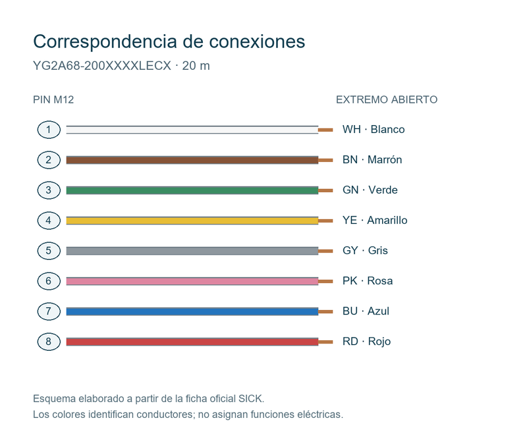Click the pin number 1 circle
pyautogui.click(x=49, y=130)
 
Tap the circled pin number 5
pyautogui.click(x=49, y=251)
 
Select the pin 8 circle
pyautogui.click(x=49, y=342)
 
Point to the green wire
pyautogui.click(x=192, y=190)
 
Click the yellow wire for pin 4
pyautogui.click(x=192, y=220)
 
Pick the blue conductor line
pyautogui.click(x=192, y=312)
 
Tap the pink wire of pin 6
pyautogui.click(x=192, y=281)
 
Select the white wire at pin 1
pyautogui.click(x=192, y=130)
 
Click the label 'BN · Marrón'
pyautogui.click(x=372, y=159)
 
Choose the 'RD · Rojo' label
pyautogui.click(x=366, y=342)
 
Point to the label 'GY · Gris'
pyautogui.click(x=365, y=251)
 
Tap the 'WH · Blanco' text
pyautogui.click(x=374, y=129)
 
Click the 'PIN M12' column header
pyautogui.click(x=53, y=100)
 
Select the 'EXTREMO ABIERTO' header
pyautogui.click(x=387, y=100)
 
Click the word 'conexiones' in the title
pyautogui.click(x=257, y=41)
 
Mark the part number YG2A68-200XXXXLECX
pyautogui.click(x=102, y=66)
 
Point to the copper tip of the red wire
pyautogui.click(x=325, y=342)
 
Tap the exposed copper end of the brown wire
pyautogui.click(x=325, y=160)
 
